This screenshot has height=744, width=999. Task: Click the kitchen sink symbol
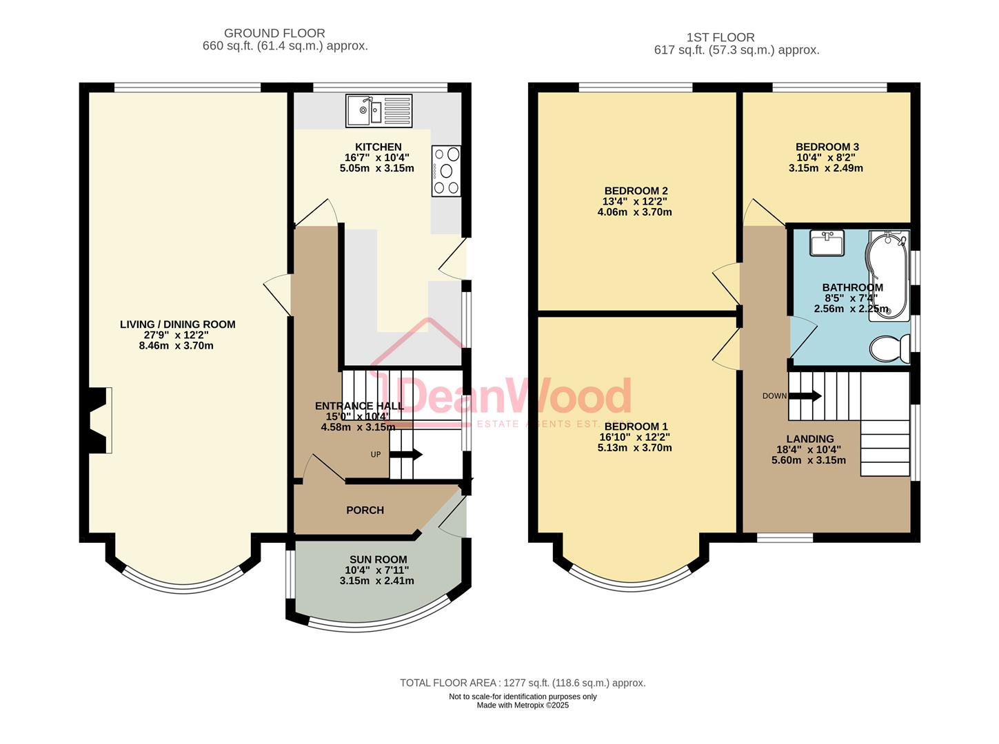pyautogui.click(x=379, y=110)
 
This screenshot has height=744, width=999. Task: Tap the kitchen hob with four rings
pyautogui.click(x=446, y=171)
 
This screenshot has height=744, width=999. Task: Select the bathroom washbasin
pyautogui.click(x=826, y=243)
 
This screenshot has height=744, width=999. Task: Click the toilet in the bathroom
pyautogui.click(x=889, y=348)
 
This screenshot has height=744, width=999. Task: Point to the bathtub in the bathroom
pyautogui.click(x=888, y=276)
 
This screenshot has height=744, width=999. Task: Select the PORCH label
pyautogui.click(x=365, y=510)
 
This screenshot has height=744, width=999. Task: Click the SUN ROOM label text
pyautogui.click(x=376, y=560)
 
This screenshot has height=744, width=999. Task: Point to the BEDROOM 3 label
pyautogui.click(x=827, y=147)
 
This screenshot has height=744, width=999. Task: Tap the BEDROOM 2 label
pyautogui.click(x=636, y=191)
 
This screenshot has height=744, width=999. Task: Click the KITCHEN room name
pyautogui.click(x=378, y=147)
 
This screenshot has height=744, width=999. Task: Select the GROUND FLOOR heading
pyautogui.click(x=274, y=33)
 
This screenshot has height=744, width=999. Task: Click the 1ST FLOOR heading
pyautogui.click(x=720, y=37)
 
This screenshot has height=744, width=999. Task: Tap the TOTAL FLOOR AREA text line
pyautogui.click(x=523, y=683)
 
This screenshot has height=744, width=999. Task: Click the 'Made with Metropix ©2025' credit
pyautogui.click(x=523, y=705)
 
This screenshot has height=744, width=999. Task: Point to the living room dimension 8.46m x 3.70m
pyautogui.click(x=176, y=346)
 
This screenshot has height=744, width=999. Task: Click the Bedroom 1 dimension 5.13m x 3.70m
pyautogui.click(x=634, y=448)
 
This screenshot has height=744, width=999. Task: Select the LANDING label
pyautogui.click(x=809, y=439)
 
